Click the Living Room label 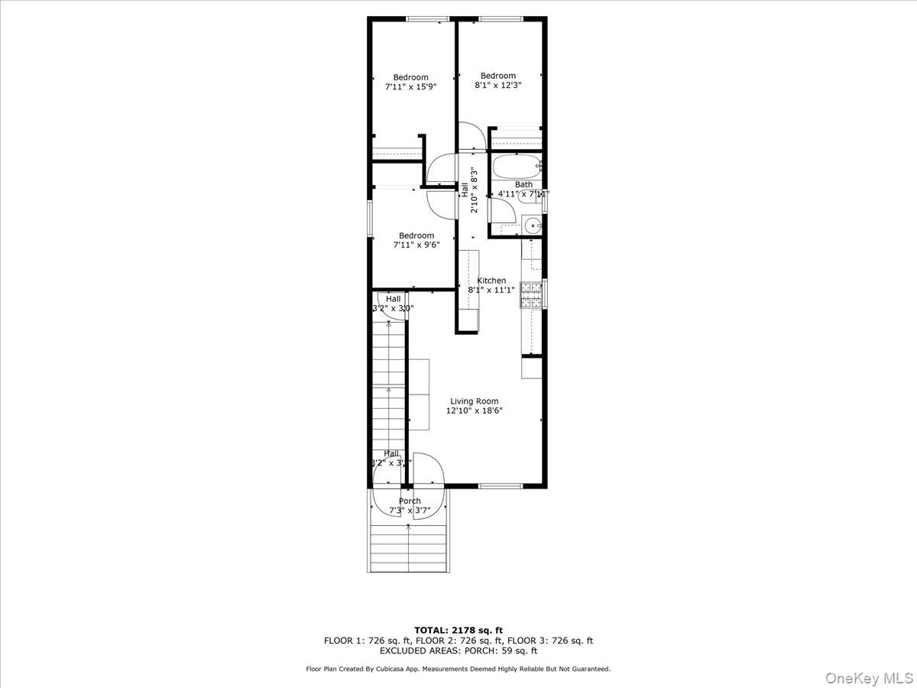[474, 401]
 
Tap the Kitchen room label [491, 281]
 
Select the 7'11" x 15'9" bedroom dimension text [410, 87]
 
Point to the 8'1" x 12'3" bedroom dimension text [497, 86]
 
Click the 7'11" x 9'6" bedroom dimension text [416, 245]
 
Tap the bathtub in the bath [517, 166]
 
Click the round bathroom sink [533, 225]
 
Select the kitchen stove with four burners [530, 296]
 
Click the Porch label [410, 501]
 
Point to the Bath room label [523, 184]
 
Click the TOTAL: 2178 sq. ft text [458, 630]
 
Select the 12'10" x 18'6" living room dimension [474, 411]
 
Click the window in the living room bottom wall [501, 485]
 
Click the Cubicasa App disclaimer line [458, 669]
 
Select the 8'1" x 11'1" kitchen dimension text [491, 290]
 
